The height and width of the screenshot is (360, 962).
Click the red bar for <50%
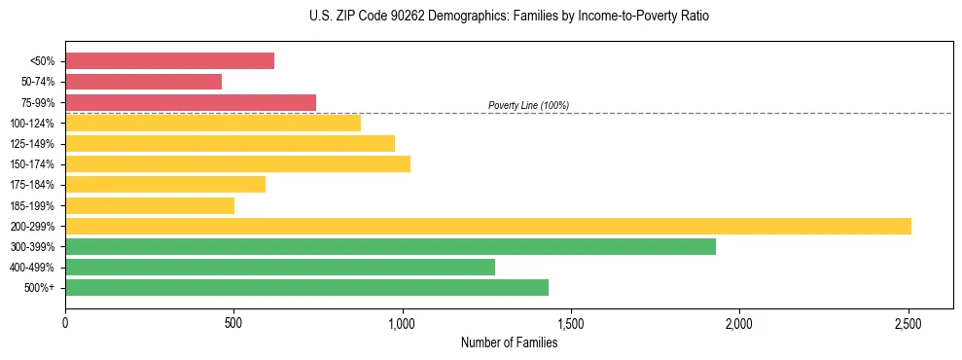[x=169, y=61]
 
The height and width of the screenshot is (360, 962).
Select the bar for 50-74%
[x=143, y=82]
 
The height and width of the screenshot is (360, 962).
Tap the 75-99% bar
[x=191, y=102]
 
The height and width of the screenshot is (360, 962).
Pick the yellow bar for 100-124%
[x=213, y=123]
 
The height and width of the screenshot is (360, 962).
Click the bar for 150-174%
[x=237, y=163]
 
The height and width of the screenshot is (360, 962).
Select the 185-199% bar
[x=150, y=205]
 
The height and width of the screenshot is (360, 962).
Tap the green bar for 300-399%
[x=390, y=246]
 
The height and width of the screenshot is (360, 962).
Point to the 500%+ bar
[x=306, y=287]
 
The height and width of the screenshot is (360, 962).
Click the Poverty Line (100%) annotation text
[x=528, y=105]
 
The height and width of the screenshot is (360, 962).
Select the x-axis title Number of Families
[x=509, y=342]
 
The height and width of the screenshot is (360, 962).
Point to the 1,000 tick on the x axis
[x=402, y=323]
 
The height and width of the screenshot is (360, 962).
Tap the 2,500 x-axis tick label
[x=909, y=323]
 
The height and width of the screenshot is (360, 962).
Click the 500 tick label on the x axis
[x=233, y=323]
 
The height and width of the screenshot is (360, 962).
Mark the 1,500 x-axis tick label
[x=571, y=323]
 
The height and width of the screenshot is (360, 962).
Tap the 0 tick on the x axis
[x=65, y=323]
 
